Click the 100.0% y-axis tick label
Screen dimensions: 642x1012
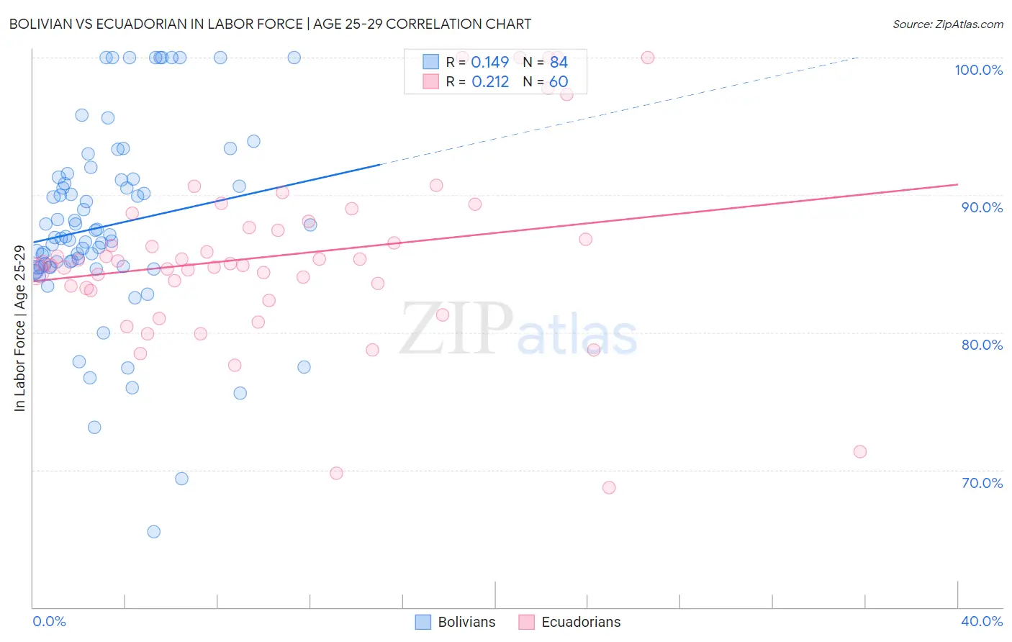[978, 70]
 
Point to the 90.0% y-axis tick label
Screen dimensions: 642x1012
[982, 207]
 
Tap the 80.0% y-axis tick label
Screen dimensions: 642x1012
[982, 345]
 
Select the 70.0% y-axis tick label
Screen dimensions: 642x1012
[982, 483]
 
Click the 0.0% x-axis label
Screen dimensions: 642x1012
[49, 621]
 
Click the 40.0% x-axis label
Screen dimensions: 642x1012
[982, 621]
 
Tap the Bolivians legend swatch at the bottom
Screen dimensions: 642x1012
[423, 622]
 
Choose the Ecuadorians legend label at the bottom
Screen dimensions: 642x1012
[581, 622]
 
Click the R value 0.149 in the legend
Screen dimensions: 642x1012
[489, 62]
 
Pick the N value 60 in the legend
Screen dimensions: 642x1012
[559, 82]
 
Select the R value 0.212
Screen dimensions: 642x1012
[490, 82]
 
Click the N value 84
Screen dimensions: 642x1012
[559, 62]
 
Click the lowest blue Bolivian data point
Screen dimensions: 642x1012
[153, 532]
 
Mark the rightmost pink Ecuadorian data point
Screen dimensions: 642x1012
[859, 452]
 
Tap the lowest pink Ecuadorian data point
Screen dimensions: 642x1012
[609, 487]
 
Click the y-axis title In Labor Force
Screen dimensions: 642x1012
[19, 328]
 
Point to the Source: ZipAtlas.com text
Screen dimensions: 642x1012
[947, 24]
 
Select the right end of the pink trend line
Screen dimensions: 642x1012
[957, 185]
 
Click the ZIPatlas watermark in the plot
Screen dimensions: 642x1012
[518, 330]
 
